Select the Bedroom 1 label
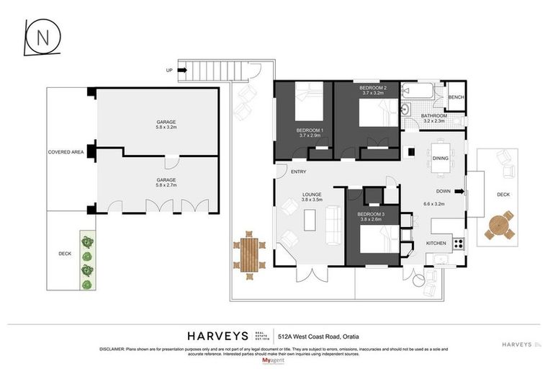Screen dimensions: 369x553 coord(310,130)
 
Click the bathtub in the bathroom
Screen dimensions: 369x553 coord(418,92)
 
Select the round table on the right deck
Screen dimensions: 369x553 coord(498,226)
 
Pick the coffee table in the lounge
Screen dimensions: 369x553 coord(310,218)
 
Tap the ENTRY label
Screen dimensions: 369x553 coord(298,172)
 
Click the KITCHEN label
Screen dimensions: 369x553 coord(436,243)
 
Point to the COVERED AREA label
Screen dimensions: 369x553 coord(66,152)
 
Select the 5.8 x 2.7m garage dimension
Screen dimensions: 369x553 coord(166,185)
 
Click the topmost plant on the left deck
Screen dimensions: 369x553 coord(87,241)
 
